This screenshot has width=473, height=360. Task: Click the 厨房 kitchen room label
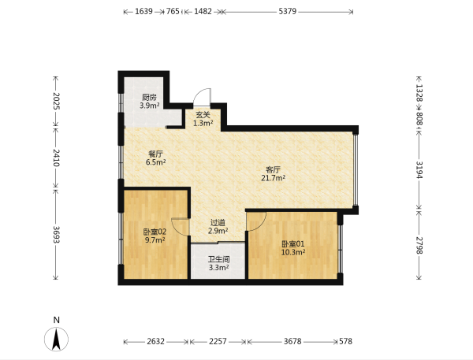[x=149, y=98]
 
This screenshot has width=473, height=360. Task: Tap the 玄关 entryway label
[x=203, y=115]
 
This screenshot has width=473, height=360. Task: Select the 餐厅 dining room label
[x=155, y=154]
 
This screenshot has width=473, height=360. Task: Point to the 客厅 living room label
[x=274, y=169]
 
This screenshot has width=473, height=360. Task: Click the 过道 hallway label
[x=218, y=223]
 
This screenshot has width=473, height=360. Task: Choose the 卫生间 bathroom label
[x=218, y=259]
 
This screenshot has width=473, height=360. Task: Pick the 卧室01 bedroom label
[x=293, y=244]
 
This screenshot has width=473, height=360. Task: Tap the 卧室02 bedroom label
[x=155, y=232]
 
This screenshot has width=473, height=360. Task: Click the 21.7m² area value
[x=274, y=178]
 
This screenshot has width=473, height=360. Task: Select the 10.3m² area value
[x=293, y=252]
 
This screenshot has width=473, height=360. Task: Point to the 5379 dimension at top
[x=288, y=12]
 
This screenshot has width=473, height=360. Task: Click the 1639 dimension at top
[x=143, y=12]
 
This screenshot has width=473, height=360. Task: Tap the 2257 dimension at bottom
[x=218, y=341]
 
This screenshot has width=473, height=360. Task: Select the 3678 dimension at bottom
[x=292, y=341]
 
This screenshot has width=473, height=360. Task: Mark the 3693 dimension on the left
[x=57, y=234]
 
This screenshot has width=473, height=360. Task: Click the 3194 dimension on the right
[x=419, y=169]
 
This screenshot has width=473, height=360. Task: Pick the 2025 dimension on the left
[x=57, y=102]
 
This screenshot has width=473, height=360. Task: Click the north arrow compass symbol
[x=57, y=339]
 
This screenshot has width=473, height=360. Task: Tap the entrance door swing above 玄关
[x=203, y=96]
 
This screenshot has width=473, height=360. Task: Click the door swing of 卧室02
[x=180, y=227]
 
